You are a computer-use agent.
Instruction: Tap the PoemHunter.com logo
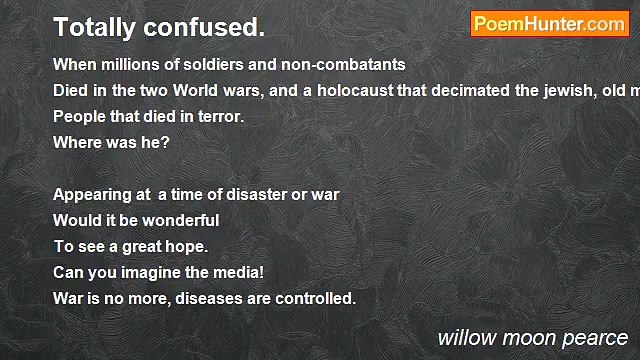pyautogui.click(x=549, y=24)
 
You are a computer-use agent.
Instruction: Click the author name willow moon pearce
pyautogui.click(x=532, y=337)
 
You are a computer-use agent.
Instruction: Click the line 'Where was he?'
pyautogui.click(x=111, y=142)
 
